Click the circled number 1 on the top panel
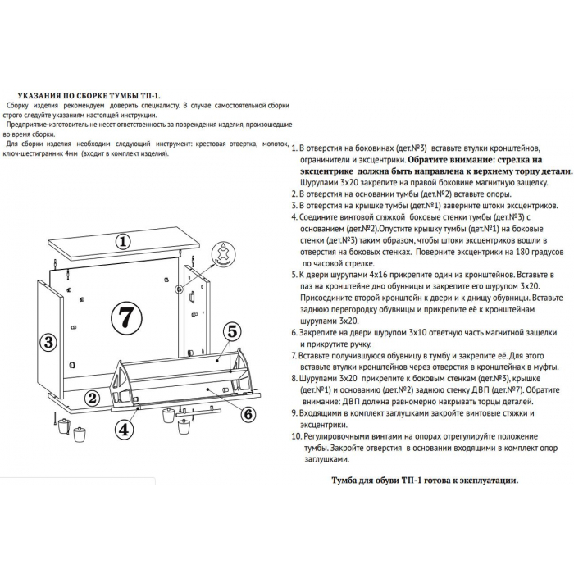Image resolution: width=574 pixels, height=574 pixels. click(123, 241)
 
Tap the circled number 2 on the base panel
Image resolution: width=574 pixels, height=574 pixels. click(92, 398)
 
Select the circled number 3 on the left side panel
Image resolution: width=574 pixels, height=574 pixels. click(48, 343)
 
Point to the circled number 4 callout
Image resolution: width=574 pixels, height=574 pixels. click(125, 430)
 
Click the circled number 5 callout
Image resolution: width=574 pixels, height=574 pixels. click(232, 331)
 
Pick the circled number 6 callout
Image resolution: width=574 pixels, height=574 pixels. click(248, 414)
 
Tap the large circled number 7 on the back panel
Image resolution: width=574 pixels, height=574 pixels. click(126, 318)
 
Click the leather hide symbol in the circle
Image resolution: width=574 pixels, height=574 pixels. click(224, 253)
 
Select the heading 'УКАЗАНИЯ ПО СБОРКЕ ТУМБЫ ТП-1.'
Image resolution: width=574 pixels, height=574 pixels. click(89, 96)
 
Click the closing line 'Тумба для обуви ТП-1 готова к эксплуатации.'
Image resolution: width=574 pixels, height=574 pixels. click(425, 481)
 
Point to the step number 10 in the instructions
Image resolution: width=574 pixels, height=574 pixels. click(296, 436)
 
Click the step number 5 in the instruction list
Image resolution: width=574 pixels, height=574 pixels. click(294, 275)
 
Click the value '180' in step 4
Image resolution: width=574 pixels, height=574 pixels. click(522, 252)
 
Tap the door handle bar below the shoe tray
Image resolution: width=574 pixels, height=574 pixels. click(198, 412)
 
